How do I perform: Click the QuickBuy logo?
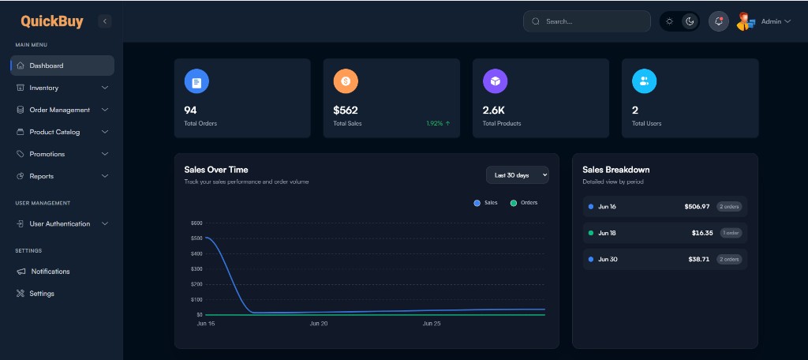tap(51, 21)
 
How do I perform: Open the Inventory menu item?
tap(44, 88)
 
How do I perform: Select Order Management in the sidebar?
tap(59, 110)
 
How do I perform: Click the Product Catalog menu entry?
tap(54, 132)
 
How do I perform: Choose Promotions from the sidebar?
tap(47, 154)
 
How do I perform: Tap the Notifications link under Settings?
tap(50, 272)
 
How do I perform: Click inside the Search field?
tap(587, 21)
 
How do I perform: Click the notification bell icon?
tap(718, 21)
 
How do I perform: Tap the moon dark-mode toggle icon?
tap(690, 21)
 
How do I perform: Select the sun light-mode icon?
tap(669, 21)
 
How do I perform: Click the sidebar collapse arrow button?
tap(105, 21)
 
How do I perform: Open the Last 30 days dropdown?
tap(518, 175)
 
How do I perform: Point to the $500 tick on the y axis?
tap(196, 238)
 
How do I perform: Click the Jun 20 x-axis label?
tap(319, 324)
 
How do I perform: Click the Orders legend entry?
tap(524, 203)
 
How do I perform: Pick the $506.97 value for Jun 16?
tap(697, 207)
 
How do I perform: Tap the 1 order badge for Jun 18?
tap(731, 233)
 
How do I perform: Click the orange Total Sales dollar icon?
tap(346, 81)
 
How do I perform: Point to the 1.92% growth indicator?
tap(438, 124)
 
